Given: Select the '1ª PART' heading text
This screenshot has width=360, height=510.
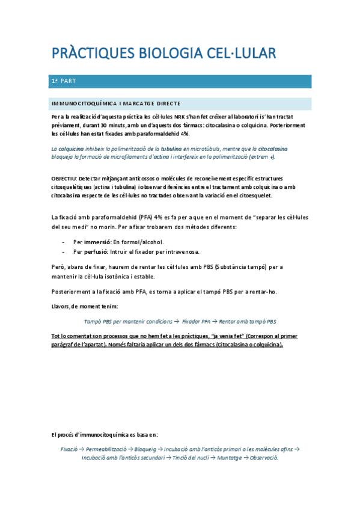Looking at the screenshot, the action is point(64,81).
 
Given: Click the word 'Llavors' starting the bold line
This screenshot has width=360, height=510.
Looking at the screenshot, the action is point(60,307).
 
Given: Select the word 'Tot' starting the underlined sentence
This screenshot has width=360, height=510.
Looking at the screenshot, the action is point(56,336).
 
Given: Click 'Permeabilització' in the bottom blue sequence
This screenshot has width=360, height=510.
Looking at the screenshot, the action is point(108,449).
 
